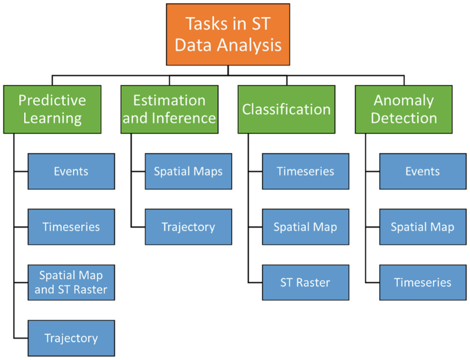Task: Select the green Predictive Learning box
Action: tap(52, 109)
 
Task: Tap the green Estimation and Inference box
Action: tap(169, 109)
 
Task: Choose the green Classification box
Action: tap(286, 109)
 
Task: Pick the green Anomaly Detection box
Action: tap(403, 109)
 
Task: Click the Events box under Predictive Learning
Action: tap(71, 171)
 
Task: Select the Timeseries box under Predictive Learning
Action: tap(71, 227)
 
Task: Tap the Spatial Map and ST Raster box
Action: tap(71, 283)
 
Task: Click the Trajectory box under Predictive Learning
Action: tap(71, 337)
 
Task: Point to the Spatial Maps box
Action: tap(188, 171)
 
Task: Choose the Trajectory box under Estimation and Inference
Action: tap(188, 227)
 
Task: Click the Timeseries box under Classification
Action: tap(305, 171)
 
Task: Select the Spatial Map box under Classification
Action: tap(305, 227)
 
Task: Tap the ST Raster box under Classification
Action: tap(305, 283)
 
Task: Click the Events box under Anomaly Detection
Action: tap(422, 171)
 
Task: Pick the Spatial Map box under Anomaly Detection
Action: tap(422, 227)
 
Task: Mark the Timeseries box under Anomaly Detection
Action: tap(422, 283)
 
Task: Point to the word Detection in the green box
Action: tap(403, 118)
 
